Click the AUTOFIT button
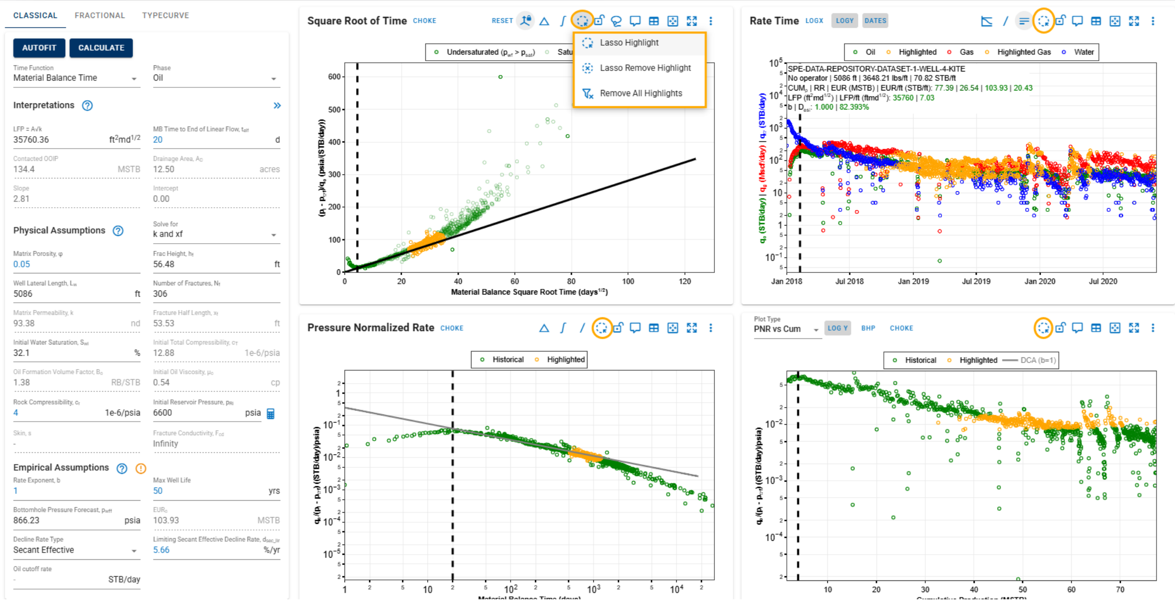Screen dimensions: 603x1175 click(x=39, y=48)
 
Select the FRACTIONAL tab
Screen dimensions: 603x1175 click(x=100, y=15)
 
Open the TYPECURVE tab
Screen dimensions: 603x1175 click(x=165, y=15)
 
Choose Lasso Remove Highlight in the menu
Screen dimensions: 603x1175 click(x=645, y=68)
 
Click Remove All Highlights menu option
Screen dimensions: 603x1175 click(x=640, y=93)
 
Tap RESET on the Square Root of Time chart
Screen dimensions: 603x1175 click(x=502, y=21)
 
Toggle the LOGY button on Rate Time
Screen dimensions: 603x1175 click(x=844, y=21)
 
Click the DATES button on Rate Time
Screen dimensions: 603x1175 click(x=875, y=21)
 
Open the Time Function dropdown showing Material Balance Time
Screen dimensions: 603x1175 click(x=75, y=78)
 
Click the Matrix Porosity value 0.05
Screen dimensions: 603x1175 click(x=22, y=264)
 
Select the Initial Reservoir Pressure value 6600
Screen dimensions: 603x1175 click(x=163, y=413)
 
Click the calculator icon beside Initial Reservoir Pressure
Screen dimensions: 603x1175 click(x=271, y=413)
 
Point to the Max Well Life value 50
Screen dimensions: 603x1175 click(x=158, y=491)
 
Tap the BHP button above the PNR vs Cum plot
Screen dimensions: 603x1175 click(x=868, y=328)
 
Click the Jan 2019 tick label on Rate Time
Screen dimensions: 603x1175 click(x=913, y=282)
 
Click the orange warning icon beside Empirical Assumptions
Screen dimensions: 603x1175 click(x=141, y=468)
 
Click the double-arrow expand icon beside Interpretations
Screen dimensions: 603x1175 click(x=277, y=105)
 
